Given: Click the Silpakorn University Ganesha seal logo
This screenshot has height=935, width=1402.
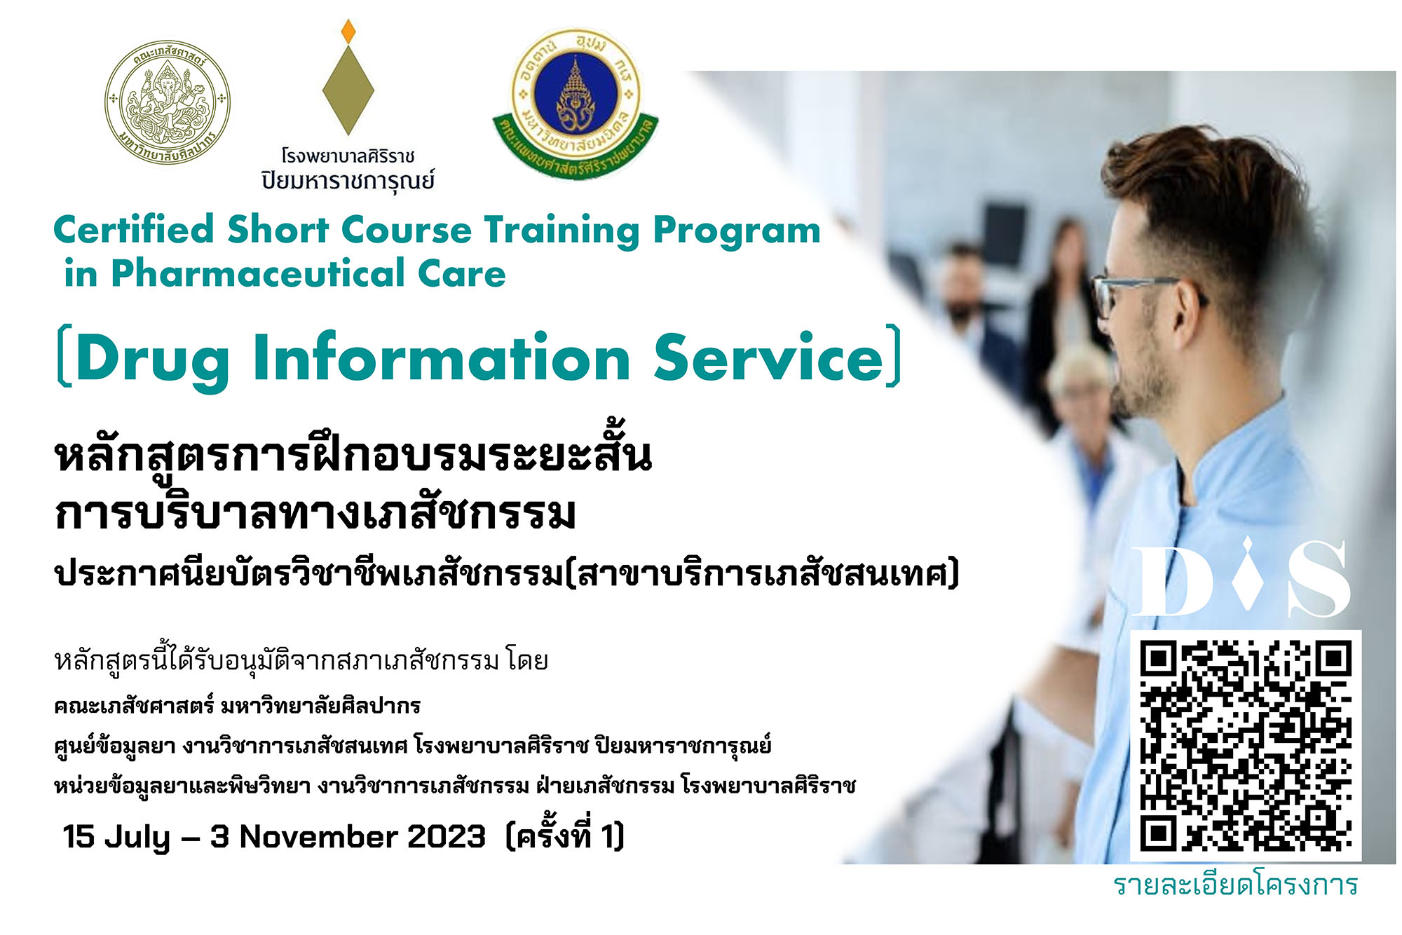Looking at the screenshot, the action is tap(168, 102).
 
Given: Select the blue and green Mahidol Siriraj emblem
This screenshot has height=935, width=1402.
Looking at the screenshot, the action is tap(576, 104).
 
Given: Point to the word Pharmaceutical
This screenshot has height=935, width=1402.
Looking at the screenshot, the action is tap(258, 273).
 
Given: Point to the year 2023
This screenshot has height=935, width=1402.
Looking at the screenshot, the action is tap(446, 837).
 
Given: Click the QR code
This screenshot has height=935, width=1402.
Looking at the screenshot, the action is tap(1246, 745).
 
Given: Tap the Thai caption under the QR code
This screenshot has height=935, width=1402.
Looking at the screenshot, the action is tap(1235, 885).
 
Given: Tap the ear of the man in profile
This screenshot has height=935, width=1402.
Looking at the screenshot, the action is tap(1190, 309).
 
